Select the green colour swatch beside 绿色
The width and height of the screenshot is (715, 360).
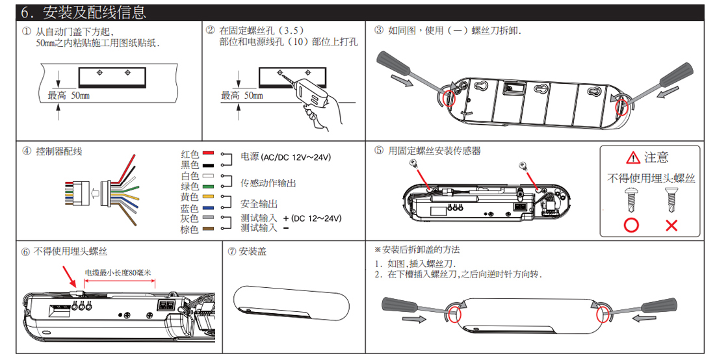pyautogui.click(x=208, y=186)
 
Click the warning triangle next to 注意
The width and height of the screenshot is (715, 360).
pyautogui.click(x=633, y=158)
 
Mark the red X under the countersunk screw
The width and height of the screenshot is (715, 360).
pyautogui.click(x=671, y=225)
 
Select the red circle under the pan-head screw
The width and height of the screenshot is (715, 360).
pyautogui.click(x=631, y=225)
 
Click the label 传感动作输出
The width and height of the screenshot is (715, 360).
pyautogui.click(x=268, y=183)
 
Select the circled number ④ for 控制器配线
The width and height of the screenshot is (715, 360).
pyautogui.click(x=26, y=151)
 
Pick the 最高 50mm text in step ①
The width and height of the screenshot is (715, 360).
pyautogui.click(x=68, y=96)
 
